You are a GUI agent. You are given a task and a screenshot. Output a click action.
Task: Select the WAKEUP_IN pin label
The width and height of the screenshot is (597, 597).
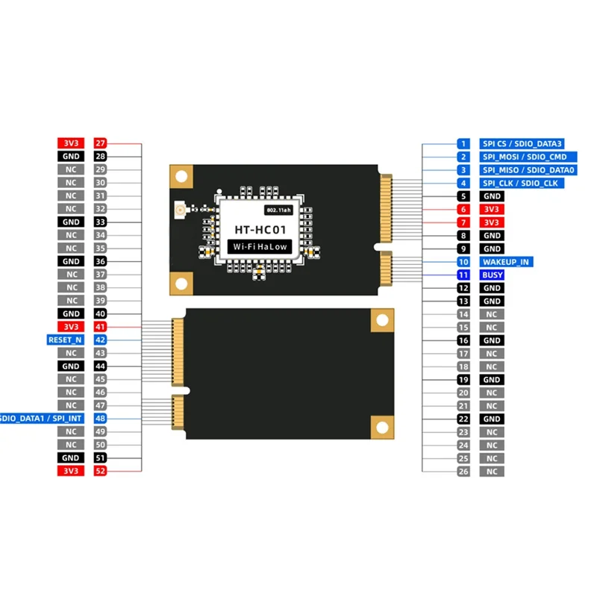coord(506,262)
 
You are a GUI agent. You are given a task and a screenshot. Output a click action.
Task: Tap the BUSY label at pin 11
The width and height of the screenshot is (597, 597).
coord(493,275)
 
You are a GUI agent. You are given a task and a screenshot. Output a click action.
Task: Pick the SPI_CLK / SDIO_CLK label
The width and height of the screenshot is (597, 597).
coord(522,183)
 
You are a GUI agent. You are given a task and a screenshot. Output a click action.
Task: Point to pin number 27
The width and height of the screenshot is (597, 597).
coord(101,143)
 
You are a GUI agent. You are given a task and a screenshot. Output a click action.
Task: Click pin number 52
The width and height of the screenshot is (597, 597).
coord(101,471)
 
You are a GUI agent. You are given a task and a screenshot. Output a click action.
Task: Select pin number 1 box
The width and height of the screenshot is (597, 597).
coord(463,143)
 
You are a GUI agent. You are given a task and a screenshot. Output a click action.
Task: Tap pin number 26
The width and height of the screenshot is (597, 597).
coord(463,472)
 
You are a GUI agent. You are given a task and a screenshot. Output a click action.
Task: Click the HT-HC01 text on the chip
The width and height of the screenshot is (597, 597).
coord(257,230)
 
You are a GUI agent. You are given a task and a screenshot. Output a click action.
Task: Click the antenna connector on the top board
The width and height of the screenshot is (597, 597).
coord(179,211)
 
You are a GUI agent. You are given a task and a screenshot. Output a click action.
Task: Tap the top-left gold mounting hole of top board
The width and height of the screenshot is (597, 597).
coord(181,175)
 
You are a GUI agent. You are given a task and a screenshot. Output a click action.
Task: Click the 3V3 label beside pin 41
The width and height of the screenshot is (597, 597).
coord(71,327)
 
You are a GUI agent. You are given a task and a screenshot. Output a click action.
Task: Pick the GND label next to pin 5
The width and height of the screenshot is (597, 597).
coord(492,196)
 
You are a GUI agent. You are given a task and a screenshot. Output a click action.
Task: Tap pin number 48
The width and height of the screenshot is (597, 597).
coord(101,419)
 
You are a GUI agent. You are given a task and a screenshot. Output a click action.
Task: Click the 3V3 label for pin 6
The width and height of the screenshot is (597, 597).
coord(492,210)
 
